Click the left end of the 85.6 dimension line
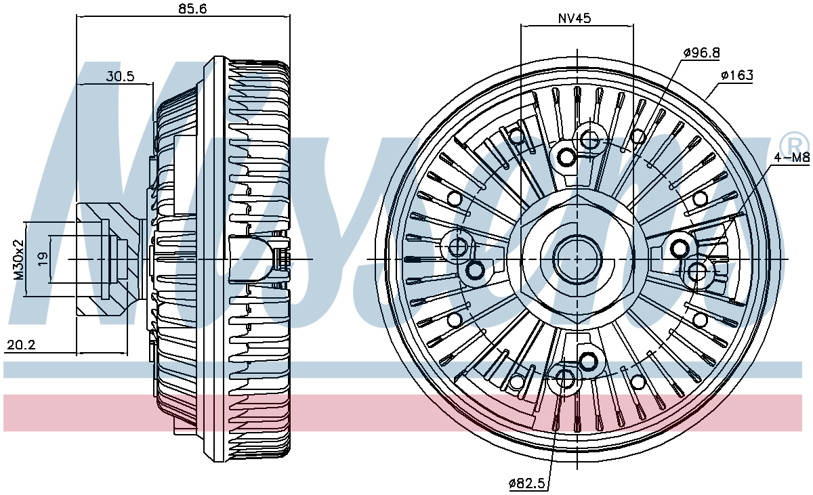pos(77,16)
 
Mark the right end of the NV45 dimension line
pos(633,25)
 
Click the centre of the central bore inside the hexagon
pos(577,259)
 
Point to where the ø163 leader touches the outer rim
pos(705,100)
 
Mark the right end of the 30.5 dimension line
pos(153,84)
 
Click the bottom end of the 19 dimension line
pos(50,282)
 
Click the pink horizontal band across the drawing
pos(403,413)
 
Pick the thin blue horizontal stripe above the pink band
pos(403,370)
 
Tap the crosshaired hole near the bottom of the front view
pos(564,379)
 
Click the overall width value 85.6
pos(192,8)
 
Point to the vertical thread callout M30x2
pos(18,259)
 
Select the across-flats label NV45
pos(575,18)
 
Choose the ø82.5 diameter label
pos(526,483)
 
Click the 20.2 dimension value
pos(22,345)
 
